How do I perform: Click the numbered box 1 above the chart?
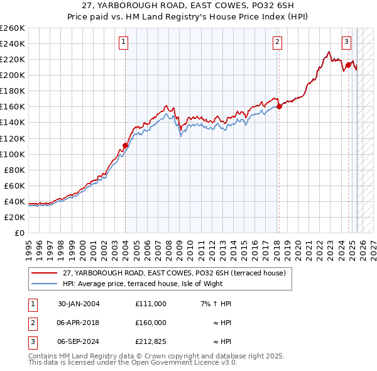(123, 43)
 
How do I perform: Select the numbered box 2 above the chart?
(277, 43)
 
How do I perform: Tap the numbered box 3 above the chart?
(346, 43)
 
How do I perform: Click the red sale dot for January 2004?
(125, 145)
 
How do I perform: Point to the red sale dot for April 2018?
(280, 106)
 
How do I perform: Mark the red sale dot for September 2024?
(348, 65)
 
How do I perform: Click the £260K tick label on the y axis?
(12, 28)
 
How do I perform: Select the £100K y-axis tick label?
(12, 154)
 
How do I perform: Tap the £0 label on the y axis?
(19, 233)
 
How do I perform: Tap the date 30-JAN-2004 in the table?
(79, 304)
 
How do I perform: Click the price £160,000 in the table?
(151, 323)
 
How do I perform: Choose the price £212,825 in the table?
(151, 343)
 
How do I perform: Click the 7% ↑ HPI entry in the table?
(216, 304)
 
